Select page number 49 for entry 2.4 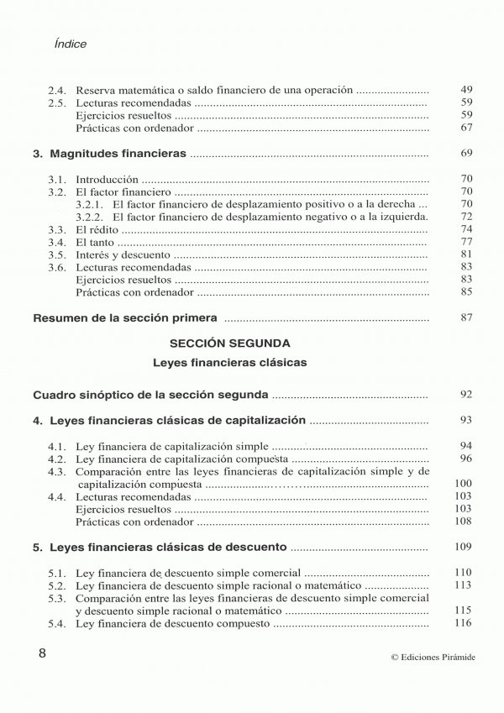click(467, 89)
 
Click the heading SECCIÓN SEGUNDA click(229, 343)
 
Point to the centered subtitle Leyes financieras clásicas click(230, 363)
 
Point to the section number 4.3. click(57, 471)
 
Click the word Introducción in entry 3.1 click(106, 179)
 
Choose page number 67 click(467, 127)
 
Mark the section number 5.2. click(57, 585)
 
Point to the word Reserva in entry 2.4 click(96, 89)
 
